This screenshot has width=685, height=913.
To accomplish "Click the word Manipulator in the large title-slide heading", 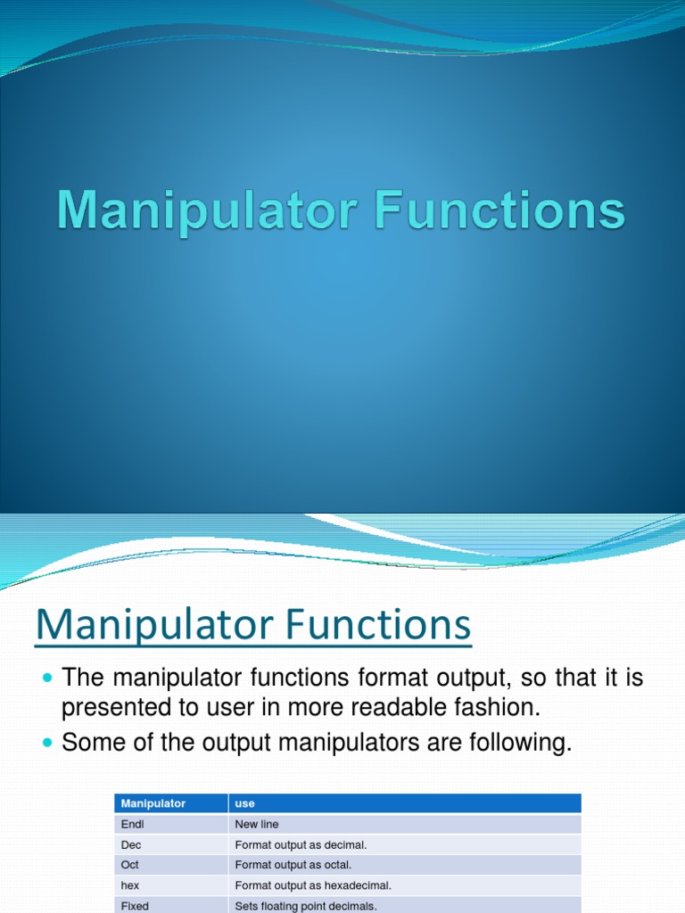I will (207, 212).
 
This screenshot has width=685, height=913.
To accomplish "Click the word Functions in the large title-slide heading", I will (499, 210).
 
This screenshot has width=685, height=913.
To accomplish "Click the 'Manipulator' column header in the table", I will (153, 803).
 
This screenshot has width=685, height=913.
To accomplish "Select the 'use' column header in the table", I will (244, 803).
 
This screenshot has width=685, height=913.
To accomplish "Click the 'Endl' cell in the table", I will (132, 824).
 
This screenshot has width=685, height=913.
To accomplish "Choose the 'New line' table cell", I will (257, 824).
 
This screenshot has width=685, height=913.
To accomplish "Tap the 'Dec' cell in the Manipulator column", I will (131, 844).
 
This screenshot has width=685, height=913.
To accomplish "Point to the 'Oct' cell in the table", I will (130, 865).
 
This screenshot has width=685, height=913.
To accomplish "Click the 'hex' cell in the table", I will (130, 885).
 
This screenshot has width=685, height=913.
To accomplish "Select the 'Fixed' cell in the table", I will (135, 906).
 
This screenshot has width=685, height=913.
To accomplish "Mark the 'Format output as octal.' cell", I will (293, 865).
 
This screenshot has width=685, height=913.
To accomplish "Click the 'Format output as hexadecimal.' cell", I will (313, 885).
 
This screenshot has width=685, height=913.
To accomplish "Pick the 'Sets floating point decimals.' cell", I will (306, 906).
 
